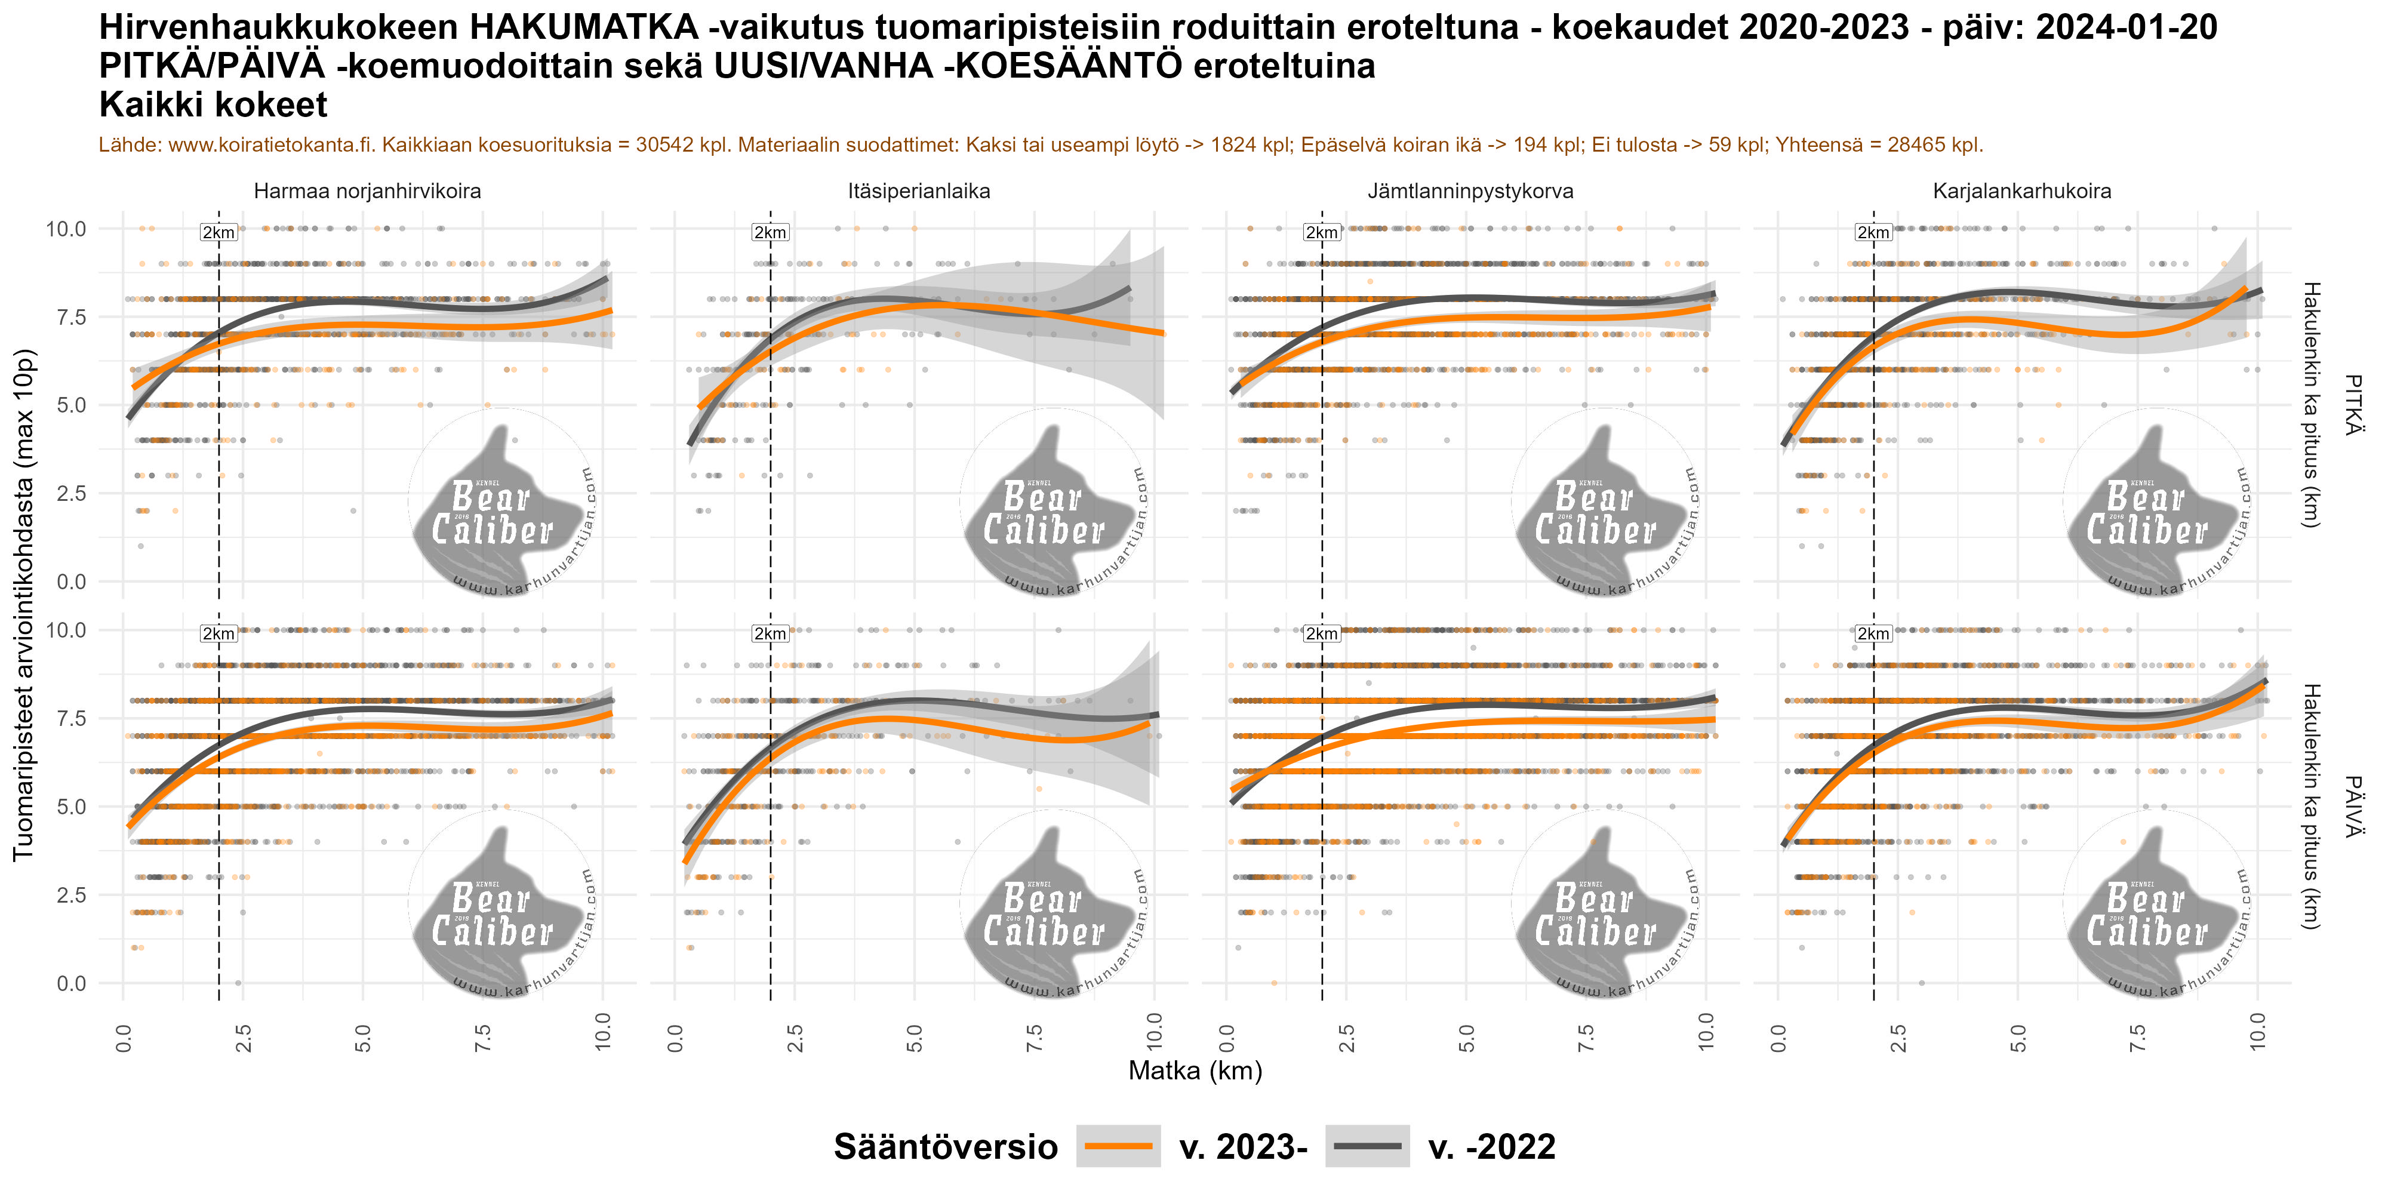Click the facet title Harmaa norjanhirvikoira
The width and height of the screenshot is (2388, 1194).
pos(367,192)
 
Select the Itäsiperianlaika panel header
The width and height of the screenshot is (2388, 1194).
pos(919,192)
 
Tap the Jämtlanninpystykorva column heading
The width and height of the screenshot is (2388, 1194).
pos(1470,192)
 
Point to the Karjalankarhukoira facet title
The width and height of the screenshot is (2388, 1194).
pos(2022,192)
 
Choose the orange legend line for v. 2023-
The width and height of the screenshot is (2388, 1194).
pos(1118,1147)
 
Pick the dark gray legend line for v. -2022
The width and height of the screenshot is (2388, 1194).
pos(1367,1147)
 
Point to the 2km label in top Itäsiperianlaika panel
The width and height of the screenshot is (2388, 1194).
pos(770,233)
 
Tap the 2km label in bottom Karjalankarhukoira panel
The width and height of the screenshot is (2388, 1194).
pos(1873,634)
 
